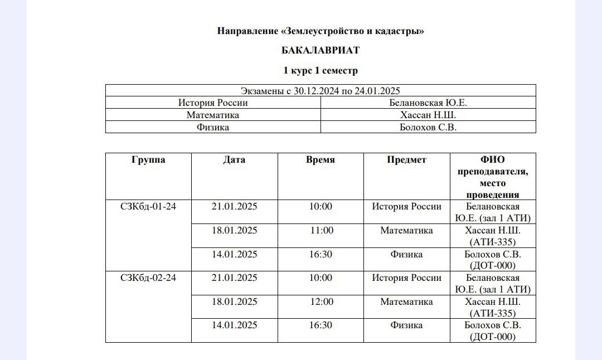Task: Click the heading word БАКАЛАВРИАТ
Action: coord(321,50)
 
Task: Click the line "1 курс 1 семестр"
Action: coord(321,71)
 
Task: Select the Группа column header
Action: coord(148,160)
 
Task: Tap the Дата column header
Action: coord(234,160)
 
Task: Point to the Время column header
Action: coord(321,160)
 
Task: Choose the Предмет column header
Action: coord(406,160)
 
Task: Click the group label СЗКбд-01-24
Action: coord(148,207)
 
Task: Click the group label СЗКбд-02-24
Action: coord(148,278)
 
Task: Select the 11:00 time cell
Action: coord(321,231)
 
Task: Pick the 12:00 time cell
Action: coord(321,302)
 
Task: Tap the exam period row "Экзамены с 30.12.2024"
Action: coord(321,91)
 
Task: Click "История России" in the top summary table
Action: coord(213,103)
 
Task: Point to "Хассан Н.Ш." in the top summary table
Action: coord(428,115)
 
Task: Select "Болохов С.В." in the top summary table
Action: coord(428,128)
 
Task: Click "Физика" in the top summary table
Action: coord(213,128)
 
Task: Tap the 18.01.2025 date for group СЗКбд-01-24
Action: coord(234,231)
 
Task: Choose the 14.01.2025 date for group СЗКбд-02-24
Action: coord(234,325)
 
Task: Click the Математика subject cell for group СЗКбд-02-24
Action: coord(406,302)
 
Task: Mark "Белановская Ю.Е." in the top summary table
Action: coord(428,103)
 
